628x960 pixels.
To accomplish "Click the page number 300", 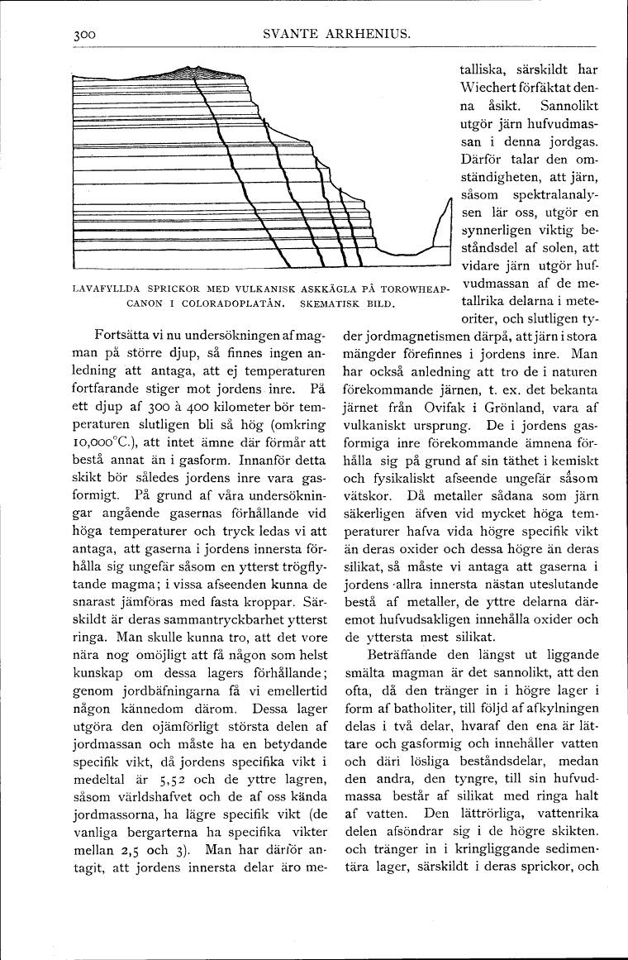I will click(86, 35).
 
